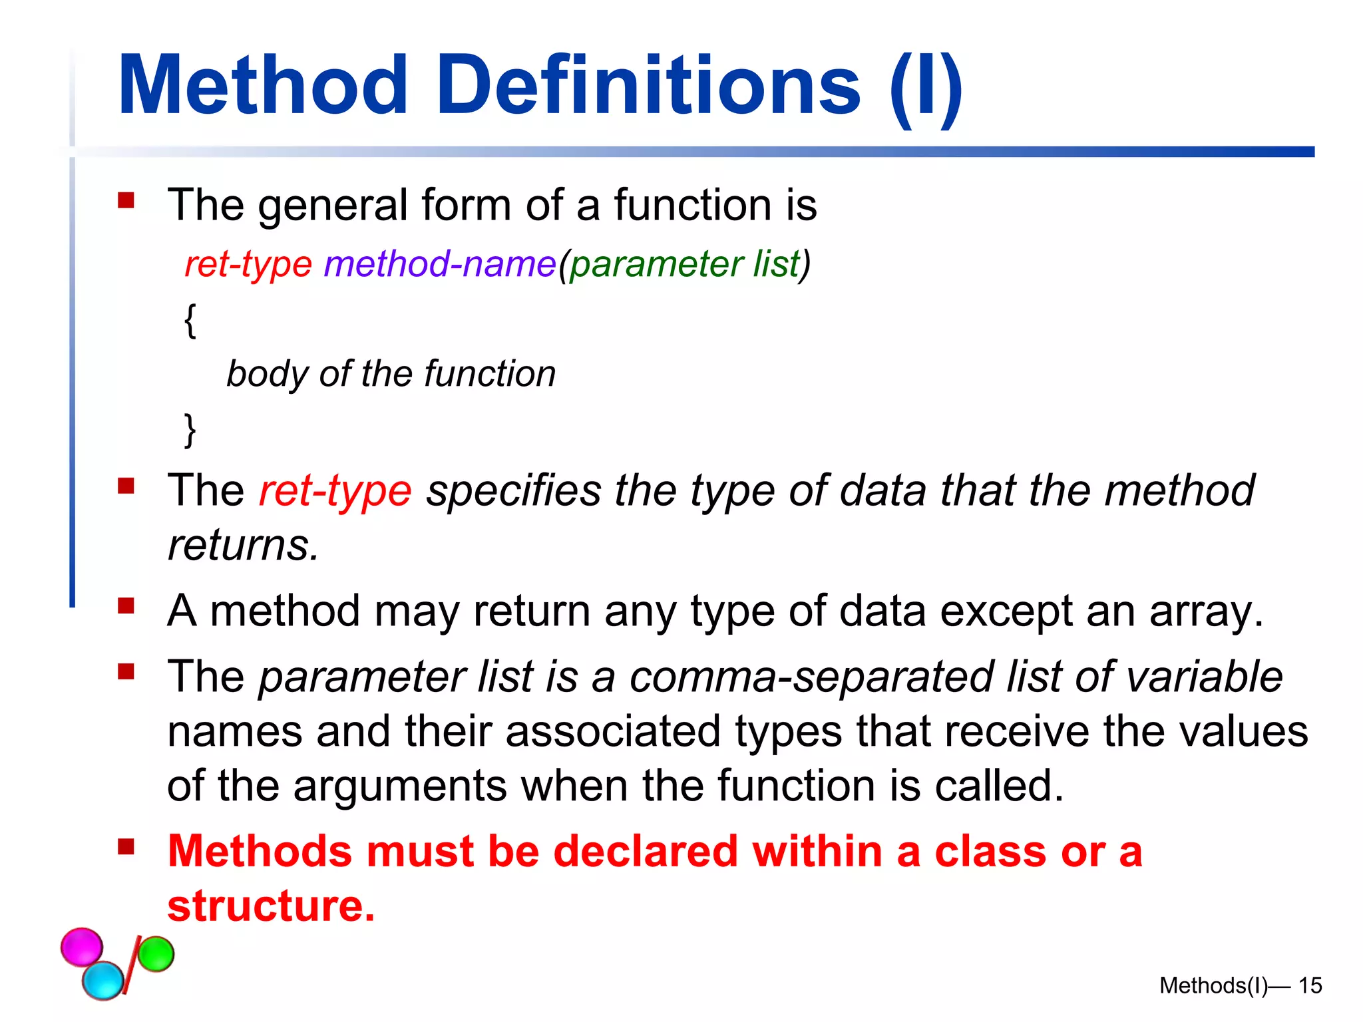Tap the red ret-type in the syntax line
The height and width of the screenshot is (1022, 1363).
pos(248,264)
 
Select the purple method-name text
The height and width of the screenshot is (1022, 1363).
pos(439,264)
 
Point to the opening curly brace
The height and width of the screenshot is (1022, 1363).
pos(190,321)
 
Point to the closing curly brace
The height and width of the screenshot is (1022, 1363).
pos(190,430)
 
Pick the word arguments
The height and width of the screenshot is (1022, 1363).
pos(399,786)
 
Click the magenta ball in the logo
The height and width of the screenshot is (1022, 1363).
pos(82,946)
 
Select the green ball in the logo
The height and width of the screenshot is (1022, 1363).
pos(156,954)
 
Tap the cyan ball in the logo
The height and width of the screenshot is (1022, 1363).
pos(103,980)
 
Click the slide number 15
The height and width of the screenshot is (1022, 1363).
pos(1310,985)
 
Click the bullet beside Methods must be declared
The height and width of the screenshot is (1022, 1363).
pos(126,847)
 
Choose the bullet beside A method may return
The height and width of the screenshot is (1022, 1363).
pos(126,606)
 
